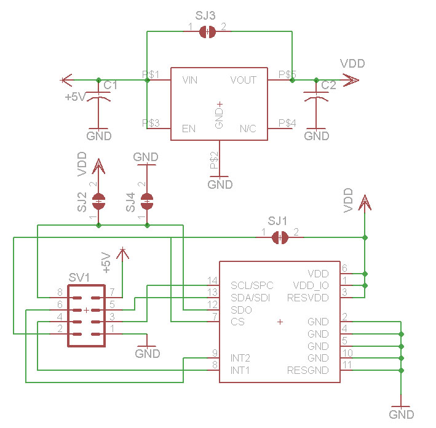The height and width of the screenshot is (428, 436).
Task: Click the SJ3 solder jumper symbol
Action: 207,33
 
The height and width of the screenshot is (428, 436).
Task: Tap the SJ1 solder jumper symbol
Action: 280,237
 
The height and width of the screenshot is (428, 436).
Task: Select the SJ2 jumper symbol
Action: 98,200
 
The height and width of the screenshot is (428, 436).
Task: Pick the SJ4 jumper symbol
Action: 146,200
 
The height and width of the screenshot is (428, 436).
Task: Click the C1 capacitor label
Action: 111,85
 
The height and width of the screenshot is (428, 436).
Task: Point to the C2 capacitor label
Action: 328,85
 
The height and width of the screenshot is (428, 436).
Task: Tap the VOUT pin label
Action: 243,80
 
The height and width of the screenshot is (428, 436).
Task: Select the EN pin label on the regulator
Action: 189,129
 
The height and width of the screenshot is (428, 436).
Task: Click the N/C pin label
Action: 247,129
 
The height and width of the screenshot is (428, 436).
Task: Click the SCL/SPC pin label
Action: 252,285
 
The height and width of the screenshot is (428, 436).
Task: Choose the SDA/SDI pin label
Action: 251,298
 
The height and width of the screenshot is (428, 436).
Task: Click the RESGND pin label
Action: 307,370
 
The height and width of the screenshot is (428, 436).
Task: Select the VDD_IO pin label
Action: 311,285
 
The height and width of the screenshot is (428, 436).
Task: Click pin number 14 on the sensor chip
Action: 212,281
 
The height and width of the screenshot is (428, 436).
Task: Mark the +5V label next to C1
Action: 76,97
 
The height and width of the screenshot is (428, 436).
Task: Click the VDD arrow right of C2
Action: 352,80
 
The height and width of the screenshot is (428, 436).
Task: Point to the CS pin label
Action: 237,322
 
